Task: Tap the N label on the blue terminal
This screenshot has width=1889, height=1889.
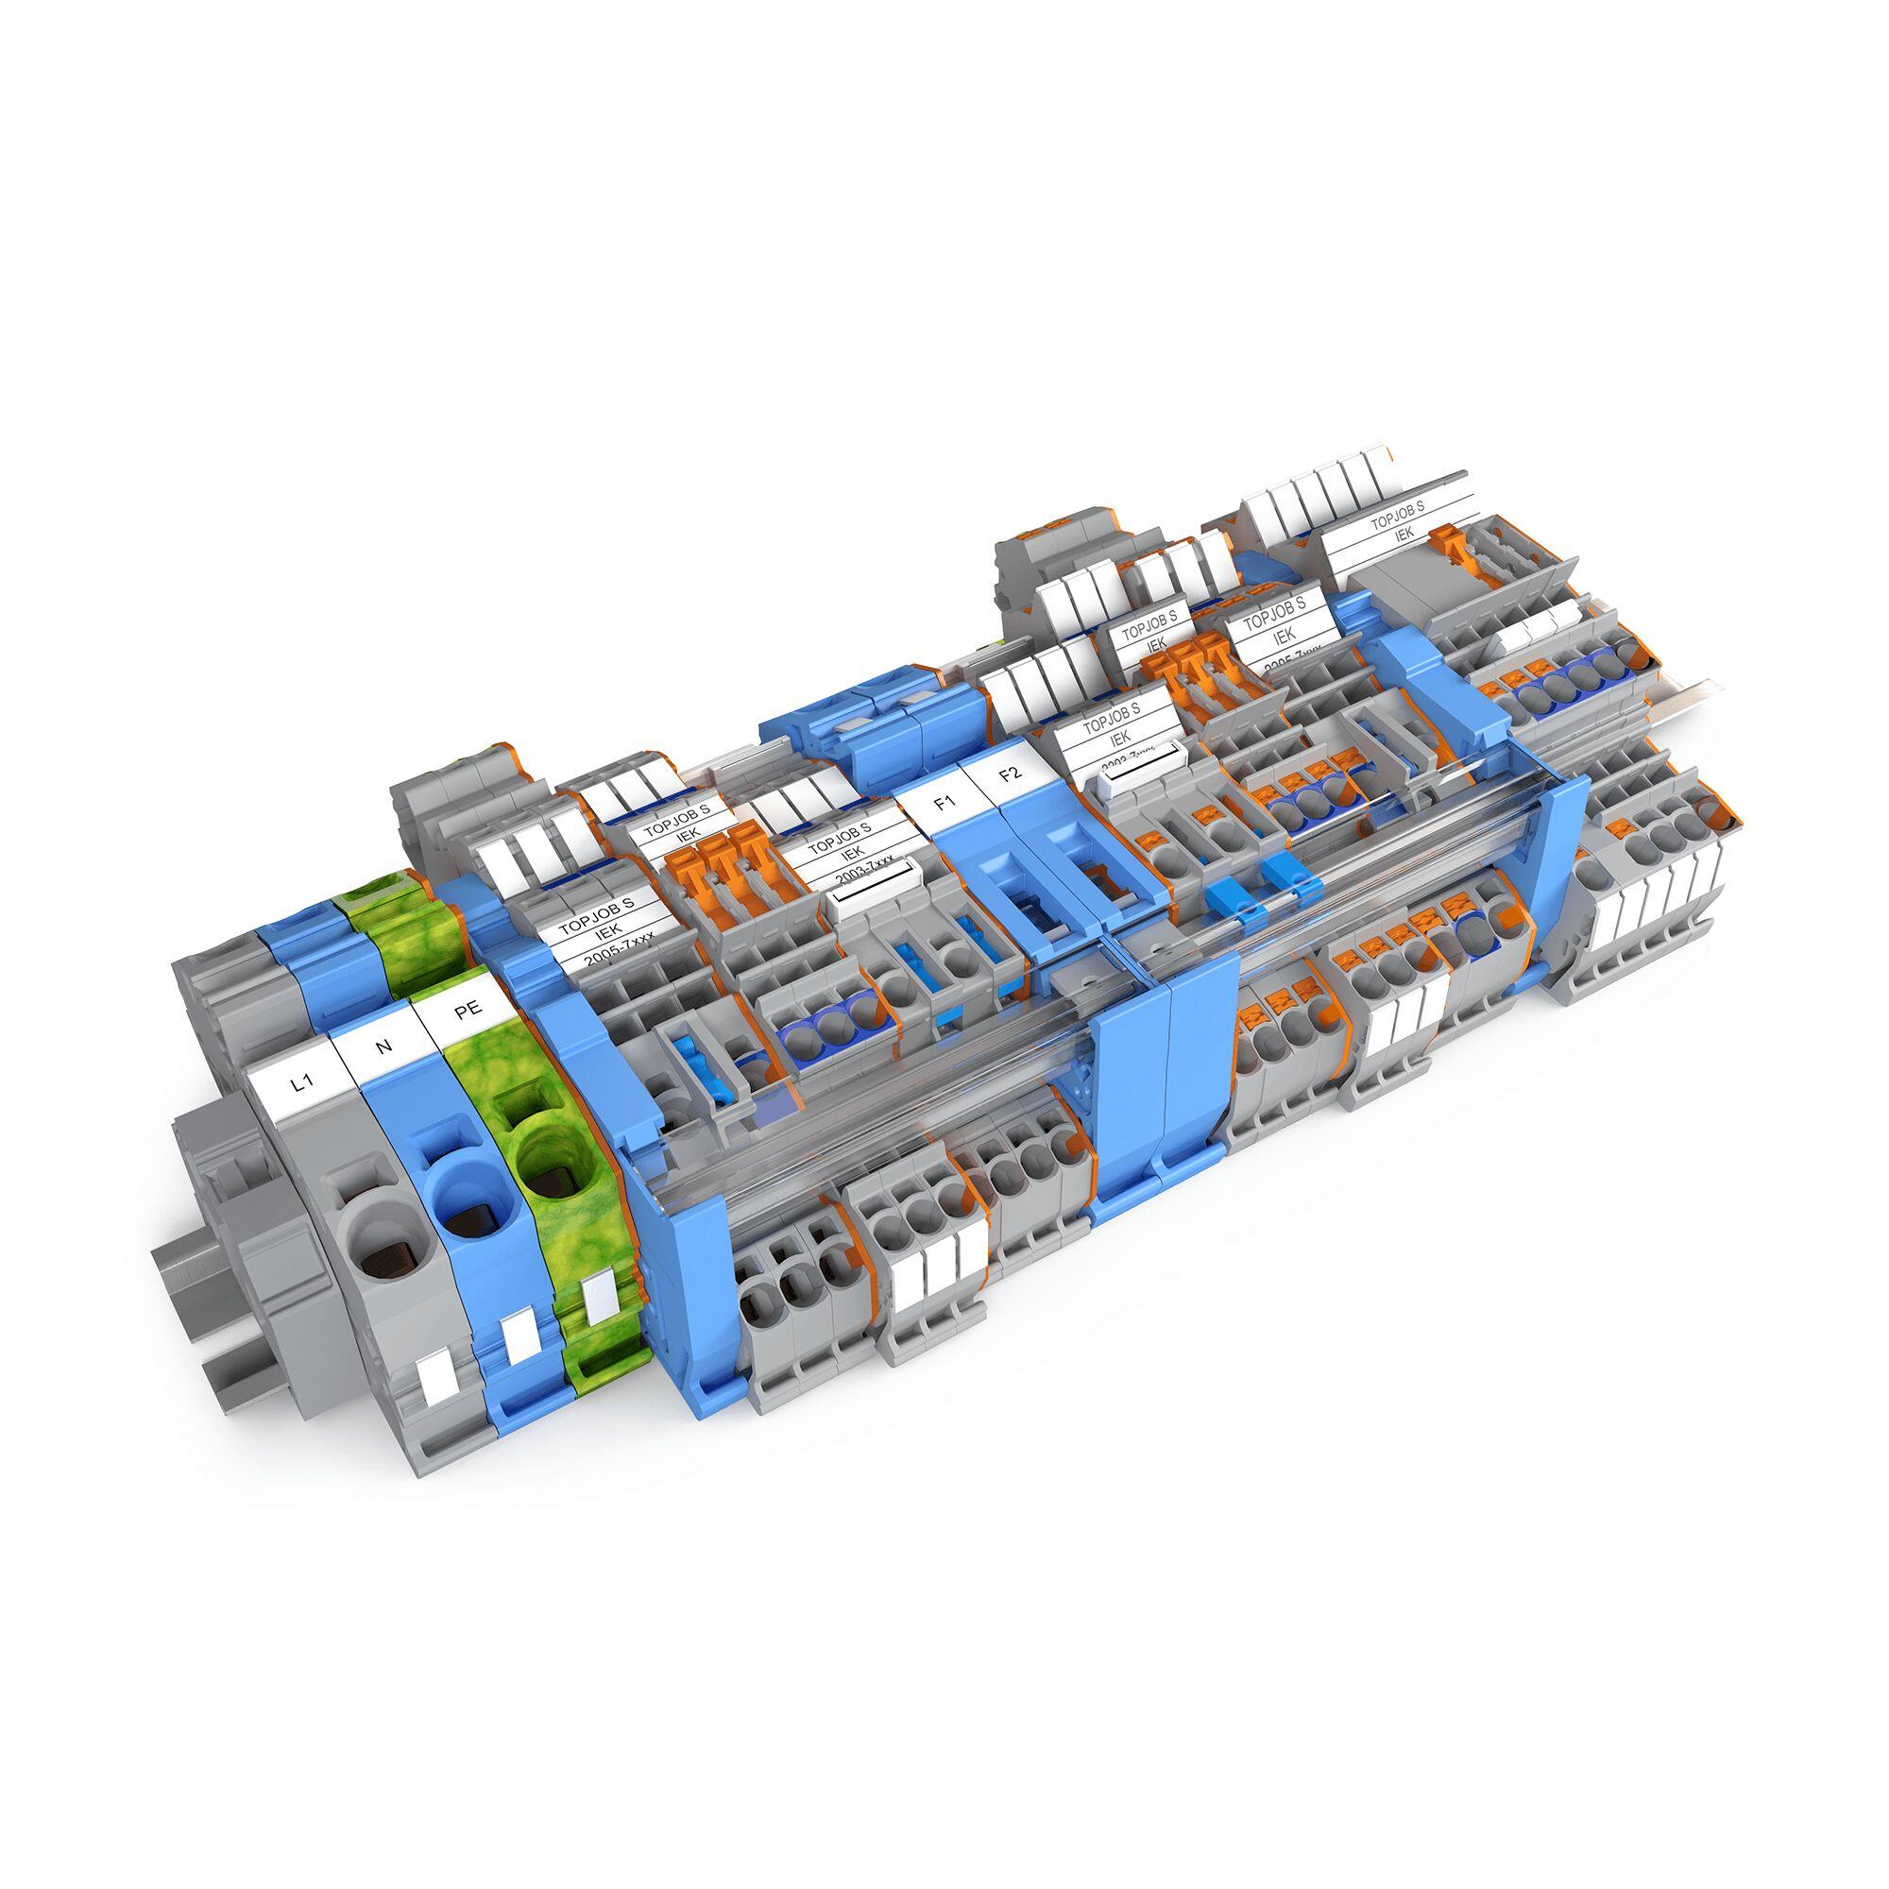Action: pos(383,1047)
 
